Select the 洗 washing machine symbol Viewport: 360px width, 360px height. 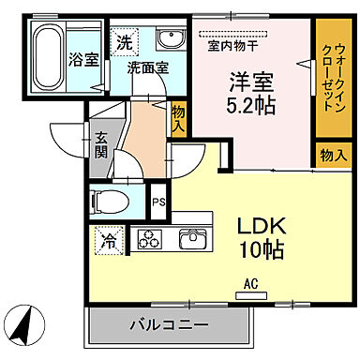click(125, 41)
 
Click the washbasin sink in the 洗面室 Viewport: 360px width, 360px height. click(171, 39)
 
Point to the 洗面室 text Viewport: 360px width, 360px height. click(148, 68)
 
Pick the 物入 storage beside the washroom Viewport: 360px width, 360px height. click(178, 117)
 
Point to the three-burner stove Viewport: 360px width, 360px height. click(150, 239)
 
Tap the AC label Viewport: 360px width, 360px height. click(250, 282)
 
